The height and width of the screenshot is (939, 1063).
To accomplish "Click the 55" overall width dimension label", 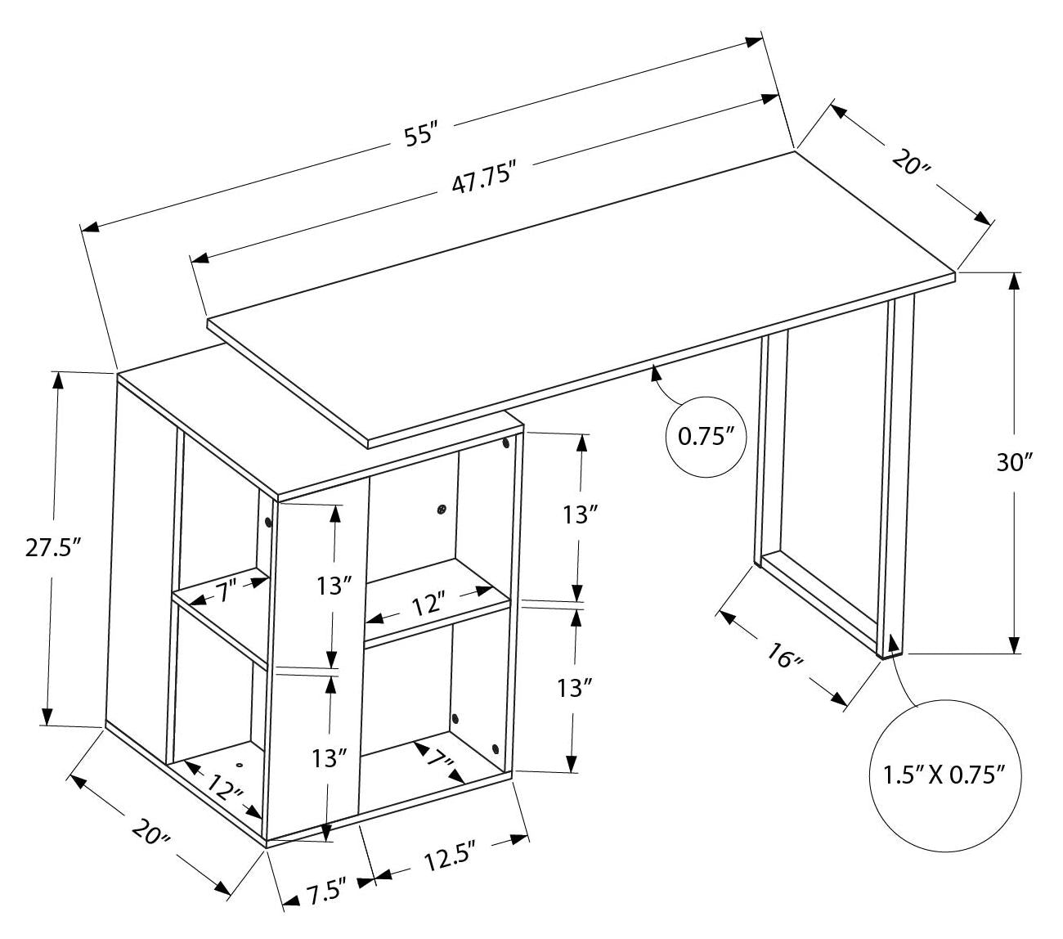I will pos(422,133).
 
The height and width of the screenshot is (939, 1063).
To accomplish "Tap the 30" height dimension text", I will pos(1015,463).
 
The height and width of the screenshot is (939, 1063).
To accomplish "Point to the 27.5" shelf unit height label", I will pos(52,547).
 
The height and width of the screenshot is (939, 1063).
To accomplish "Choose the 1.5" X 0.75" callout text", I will pos(943,774).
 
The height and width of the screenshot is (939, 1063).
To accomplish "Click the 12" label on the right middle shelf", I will pos(428,605).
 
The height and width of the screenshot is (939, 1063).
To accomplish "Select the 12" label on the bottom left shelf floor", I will pos(224,788).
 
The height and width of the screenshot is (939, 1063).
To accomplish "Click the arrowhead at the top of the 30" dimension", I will pos(1015,281).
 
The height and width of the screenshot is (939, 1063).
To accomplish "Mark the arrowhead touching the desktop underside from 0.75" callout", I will pos(654,374).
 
